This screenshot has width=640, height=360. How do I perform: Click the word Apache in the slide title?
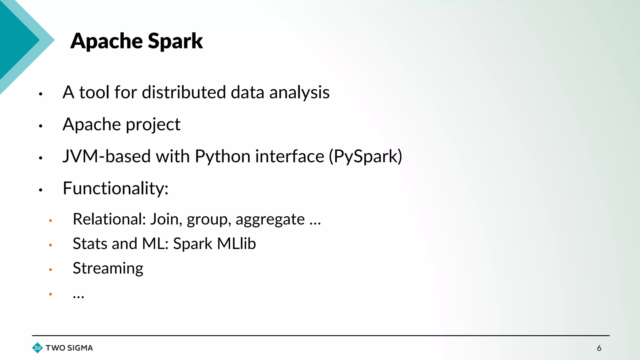107,41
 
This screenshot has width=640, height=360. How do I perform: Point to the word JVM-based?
107,156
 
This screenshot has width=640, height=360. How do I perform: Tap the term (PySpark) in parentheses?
365,156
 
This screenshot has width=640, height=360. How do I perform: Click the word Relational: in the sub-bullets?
109,219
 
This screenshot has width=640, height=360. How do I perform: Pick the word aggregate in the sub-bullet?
270,220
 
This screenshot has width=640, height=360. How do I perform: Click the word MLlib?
236,244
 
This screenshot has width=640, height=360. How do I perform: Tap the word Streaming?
108,268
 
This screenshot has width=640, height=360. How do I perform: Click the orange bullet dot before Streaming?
50,269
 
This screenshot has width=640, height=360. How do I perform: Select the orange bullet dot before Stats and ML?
50,245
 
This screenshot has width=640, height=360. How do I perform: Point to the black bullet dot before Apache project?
40,126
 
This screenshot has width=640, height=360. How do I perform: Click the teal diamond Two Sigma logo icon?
37,348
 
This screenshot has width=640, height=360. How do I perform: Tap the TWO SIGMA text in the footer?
69,348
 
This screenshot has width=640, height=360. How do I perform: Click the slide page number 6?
599,348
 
